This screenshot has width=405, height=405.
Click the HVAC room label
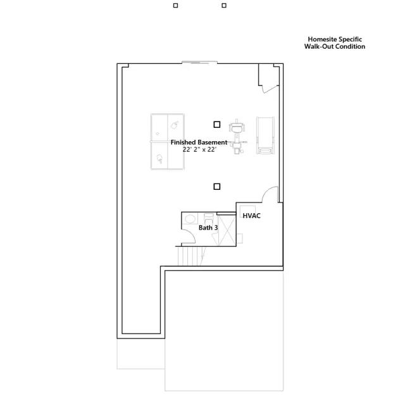252,216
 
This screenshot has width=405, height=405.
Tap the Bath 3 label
208,227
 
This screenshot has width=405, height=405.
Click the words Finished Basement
199,142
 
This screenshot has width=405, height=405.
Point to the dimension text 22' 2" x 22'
199,150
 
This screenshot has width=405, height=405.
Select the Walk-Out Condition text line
335,46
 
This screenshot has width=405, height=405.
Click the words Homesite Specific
335,39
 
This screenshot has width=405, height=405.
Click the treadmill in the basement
265,135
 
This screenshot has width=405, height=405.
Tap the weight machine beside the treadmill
237,135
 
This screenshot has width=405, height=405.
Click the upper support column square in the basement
217,125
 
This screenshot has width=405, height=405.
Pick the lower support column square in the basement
217,186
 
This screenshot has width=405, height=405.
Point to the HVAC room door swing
270,194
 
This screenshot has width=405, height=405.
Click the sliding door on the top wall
199,62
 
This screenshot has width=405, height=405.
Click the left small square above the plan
176,6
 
